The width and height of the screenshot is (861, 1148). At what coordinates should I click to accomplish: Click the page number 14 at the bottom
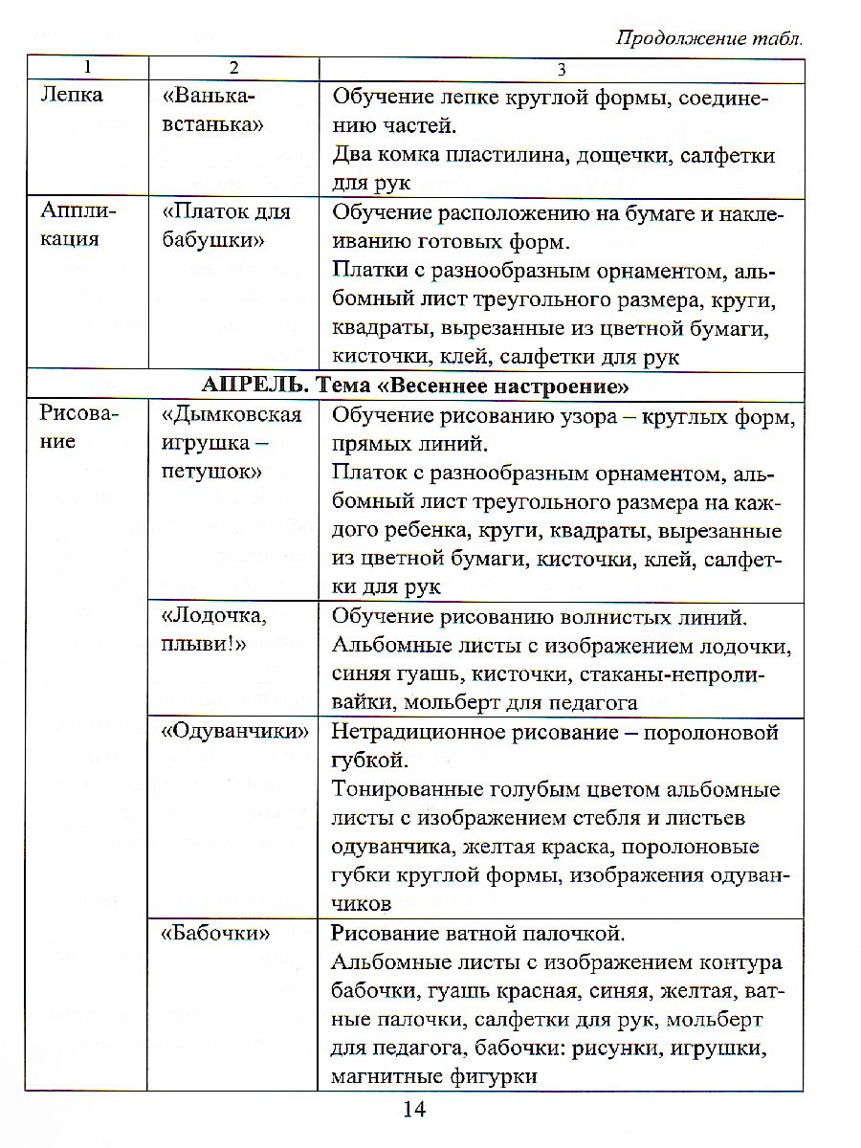pos(413,1110)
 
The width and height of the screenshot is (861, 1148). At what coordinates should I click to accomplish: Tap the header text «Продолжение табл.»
pos(709,38)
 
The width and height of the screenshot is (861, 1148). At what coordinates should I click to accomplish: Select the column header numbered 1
pos(87,68)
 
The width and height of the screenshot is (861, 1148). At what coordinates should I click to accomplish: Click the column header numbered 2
pos(232,68)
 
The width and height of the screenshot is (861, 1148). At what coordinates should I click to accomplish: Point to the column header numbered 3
pos(562,68)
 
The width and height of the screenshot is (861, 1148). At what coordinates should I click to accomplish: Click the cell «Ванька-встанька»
pos(210,110)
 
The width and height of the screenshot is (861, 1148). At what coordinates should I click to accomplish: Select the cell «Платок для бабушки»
pos(226,226)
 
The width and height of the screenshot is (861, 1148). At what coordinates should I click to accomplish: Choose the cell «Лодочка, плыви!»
pos(212,629)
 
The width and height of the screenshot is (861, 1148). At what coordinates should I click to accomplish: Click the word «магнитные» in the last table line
pos(379,1075)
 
